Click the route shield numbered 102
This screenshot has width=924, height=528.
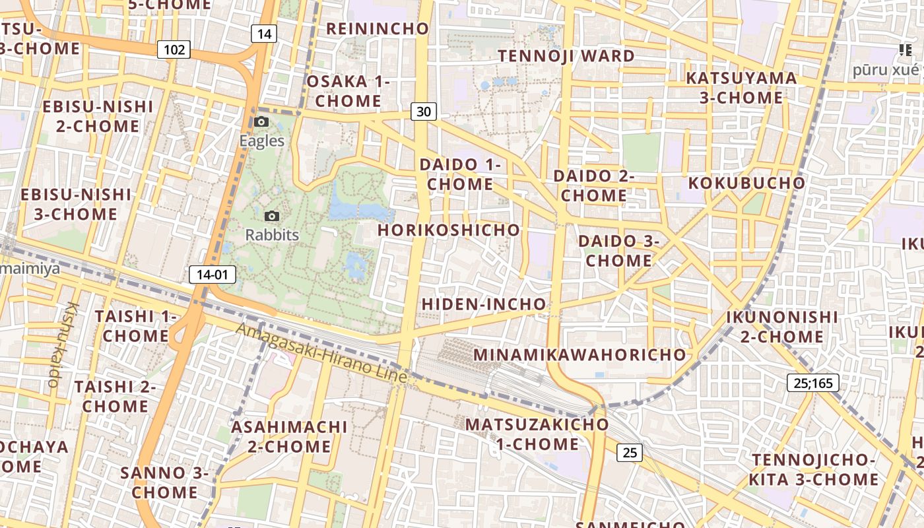coord(174,49)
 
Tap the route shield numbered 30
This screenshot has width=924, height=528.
coord(424,112)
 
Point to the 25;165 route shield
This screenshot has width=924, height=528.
coord(813,383)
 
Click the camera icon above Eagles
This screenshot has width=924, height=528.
coord(261,121)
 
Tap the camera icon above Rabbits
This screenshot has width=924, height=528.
coord(271,216)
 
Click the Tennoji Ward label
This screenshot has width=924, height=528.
coord(566,56)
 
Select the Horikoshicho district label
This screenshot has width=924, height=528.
coord(449,230)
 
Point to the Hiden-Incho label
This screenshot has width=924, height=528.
coord(484,304)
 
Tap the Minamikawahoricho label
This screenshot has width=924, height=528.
coord(580,354)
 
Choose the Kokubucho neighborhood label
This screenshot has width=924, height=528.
coord(746,183)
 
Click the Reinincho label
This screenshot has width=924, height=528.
coord(378,29)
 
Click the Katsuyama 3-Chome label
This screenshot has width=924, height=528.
coord(741,88)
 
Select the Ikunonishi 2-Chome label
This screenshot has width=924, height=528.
coord(782,327)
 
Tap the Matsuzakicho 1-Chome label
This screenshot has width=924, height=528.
coord(537,434)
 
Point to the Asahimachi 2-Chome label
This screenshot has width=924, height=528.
coord(289,436)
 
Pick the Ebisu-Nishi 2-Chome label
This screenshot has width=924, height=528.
coord(98,116)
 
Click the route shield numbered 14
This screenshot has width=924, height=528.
coord(263,34)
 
